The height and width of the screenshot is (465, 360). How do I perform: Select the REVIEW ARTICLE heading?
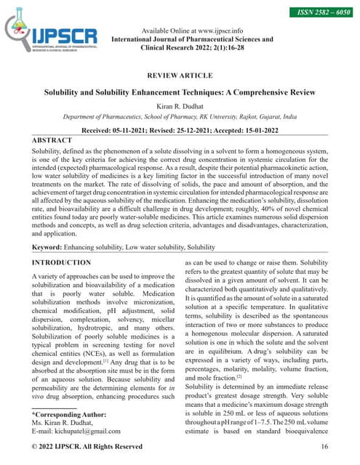pos(180,76)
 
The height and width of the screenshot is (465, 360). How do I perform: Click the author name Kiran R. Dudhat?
pos(180,106)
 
